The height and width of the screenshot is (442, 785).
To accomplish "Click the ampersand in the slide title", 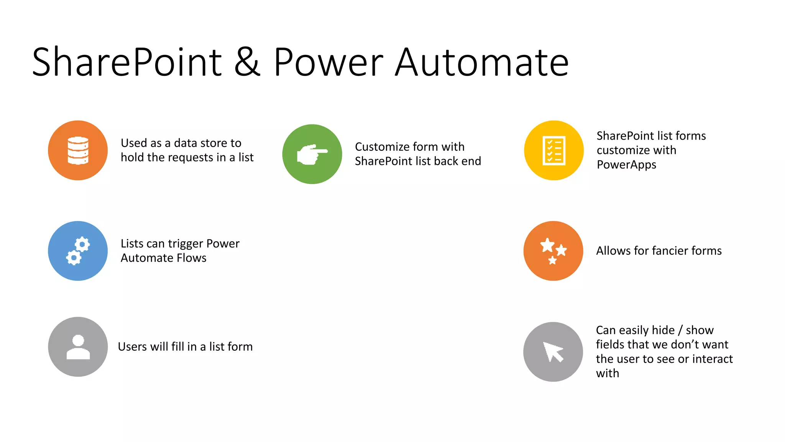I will click(x=247, y=62).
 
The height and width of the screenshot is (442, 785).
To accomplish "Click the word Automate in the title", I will click(x=482, y=62).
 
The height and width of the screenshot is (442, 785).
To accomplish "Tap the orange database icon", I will click(x=78, y=150).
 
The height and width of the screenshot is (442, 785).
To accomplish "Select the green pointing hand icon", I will click(x=312, y=154).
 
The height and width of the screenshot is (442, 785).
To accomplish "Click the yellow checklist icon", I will click(x=554, y=150).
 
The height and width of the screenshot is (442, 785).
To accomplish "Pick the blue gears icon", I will click(x=78, y=251).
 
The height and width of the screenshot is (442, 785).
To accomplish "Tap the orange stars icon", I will click(x=553, y=251).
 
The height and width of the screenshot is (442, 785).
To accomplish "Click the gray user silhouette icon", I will click(x=78, y=347).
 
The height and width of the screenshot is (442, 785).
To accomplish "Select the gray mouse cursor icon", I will click(x=553, y=352).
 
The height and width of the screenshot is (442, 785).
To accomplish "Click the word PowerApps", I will click(x=626, y=165).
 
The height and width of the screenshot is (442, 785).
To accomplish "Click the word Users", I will click(x=132, y=347).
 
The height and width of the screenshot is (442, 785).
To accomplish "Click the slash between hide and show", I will click(x=680, y=330).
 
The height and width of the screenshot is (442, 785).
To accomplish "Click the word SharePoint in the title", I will click(x=127, y=62).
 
